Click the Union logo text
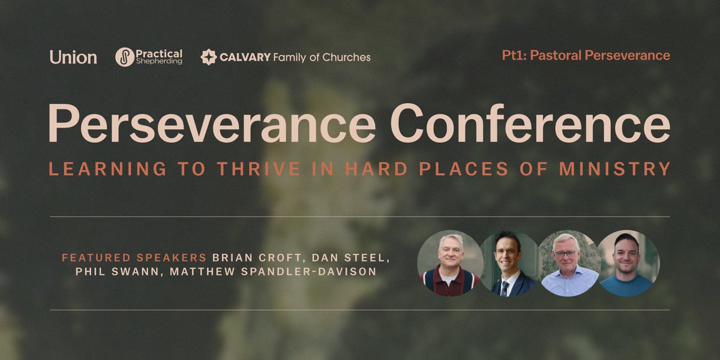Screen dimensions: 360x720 point(73,58)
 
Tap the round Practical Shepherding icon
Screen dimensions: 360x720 point(125,58)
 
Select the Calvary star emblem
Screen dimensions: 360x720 point(208,58)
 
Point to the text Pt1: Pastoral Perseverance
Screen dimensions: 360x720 point(586,56)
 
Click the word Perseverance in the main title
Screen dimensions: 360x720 point(212,123)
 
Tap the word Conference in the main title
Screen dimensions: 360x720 point(530,123)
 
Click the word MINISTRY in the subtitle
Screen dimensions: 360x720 point(614,169)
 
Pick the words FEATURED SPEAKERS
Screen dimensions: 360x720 point(134,257)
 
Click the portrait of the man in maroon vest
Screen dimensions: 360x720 point(450,263)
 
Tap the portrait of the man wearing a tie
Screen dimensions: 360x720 point(509,263)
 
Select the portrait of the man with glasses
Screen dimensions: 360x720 point(568,263)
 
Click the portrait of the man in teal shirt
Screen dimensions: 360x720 point(628,263)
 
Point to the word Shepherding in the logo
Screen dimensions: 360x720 point(158,62)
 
